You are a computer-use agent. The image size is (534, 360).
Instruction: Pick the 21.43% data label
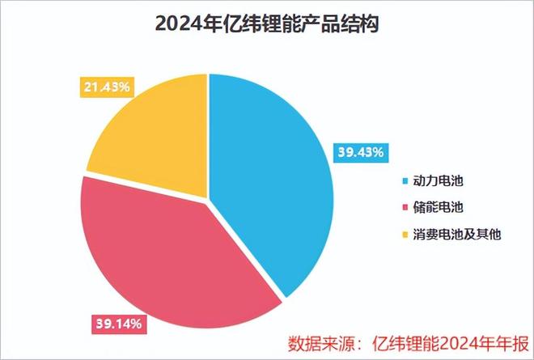pyautogui.click(x=106, y=87)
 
